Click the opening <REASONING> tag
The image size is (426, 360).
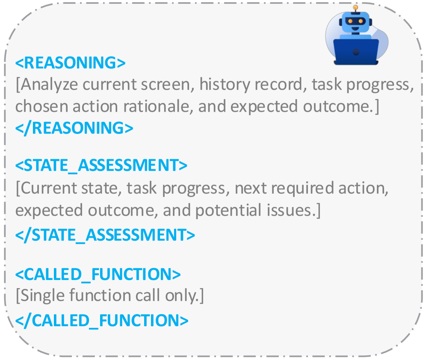71,63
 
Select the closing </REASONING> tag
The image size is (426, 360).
74,128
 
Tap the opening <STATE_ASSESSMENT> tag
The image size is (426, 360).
101,165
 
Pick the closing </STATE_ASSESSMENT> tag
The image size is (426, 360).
105,235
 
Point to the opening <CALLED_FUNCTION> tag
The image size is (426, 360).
98,274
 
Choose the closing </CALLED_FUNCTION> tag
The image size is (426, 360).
102,321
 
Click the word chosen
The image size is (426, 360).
41,106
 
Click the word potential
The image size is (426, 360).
228,211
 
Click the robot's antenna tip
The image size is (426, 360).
355,7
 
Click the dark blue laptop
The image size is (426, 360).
356,52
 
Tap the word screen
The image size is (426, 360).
168,85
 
